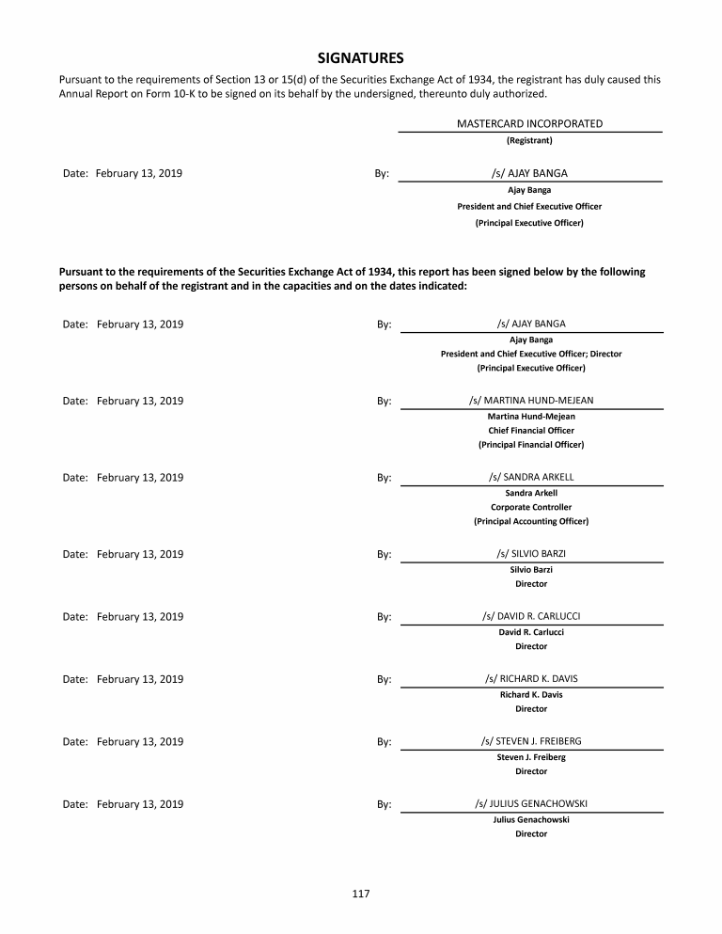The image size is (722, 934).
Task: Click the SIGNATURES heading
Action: pyautogui.click(x=361, y=57)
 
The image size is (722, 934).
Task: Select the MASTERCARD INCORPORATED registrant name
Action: pyautogui.click(x=529, y=123)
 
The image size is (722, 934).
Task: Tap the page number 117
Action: pyautogui.click(x=361, y=894)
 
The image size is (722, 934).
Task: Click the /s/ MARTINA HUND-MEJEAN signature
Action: pyautogui.click(x=531, y=400)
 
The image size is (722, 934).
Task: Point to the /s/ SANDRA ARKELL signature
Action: pyautogui.click(x=531, y=477)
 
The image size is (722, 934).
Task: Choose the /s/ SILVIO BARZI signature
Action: pyautogui.click(x=531, y=553)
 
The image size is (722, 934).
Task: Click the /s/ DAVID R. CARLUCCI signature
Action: pyautogui.click(x=531, y=616)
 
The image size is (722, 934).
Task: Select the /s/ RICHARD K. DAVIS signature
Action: pyautogui.click(x=531, y=678)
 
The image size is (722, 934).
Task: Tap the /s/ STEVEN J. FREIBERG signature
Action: pyautogui.click(x=531, y=741)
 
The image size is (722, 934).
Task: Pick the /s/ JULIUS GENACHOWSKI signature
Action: pyautogui.click(x=531, y=803)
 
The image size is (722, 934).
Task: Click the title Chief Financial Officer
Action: pyautogui.click(x=531, y=430)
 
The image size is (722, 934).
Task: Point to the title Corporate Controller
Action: pyautogui.click(x=531, y=507)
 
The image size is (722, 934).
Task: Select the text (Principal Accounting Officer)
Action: pyautogui.click(x=531, y=521)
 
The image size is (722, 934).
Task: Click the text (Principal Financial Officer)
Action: pyautogui.click(x=531, y=444)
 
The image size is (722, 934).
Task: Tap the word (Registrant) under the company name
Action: pyautogui.click(x=529, y=140)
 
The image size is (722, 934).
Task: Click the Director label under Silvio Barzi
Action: pyautogui.click(x=531, y=584)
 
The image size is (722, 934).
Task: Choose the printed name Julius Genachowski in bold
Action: pyautogui.click(x=531, y=819)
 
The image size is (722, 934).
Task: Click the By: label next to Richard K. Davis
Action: pyautogui.click(x=384, y=679)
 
